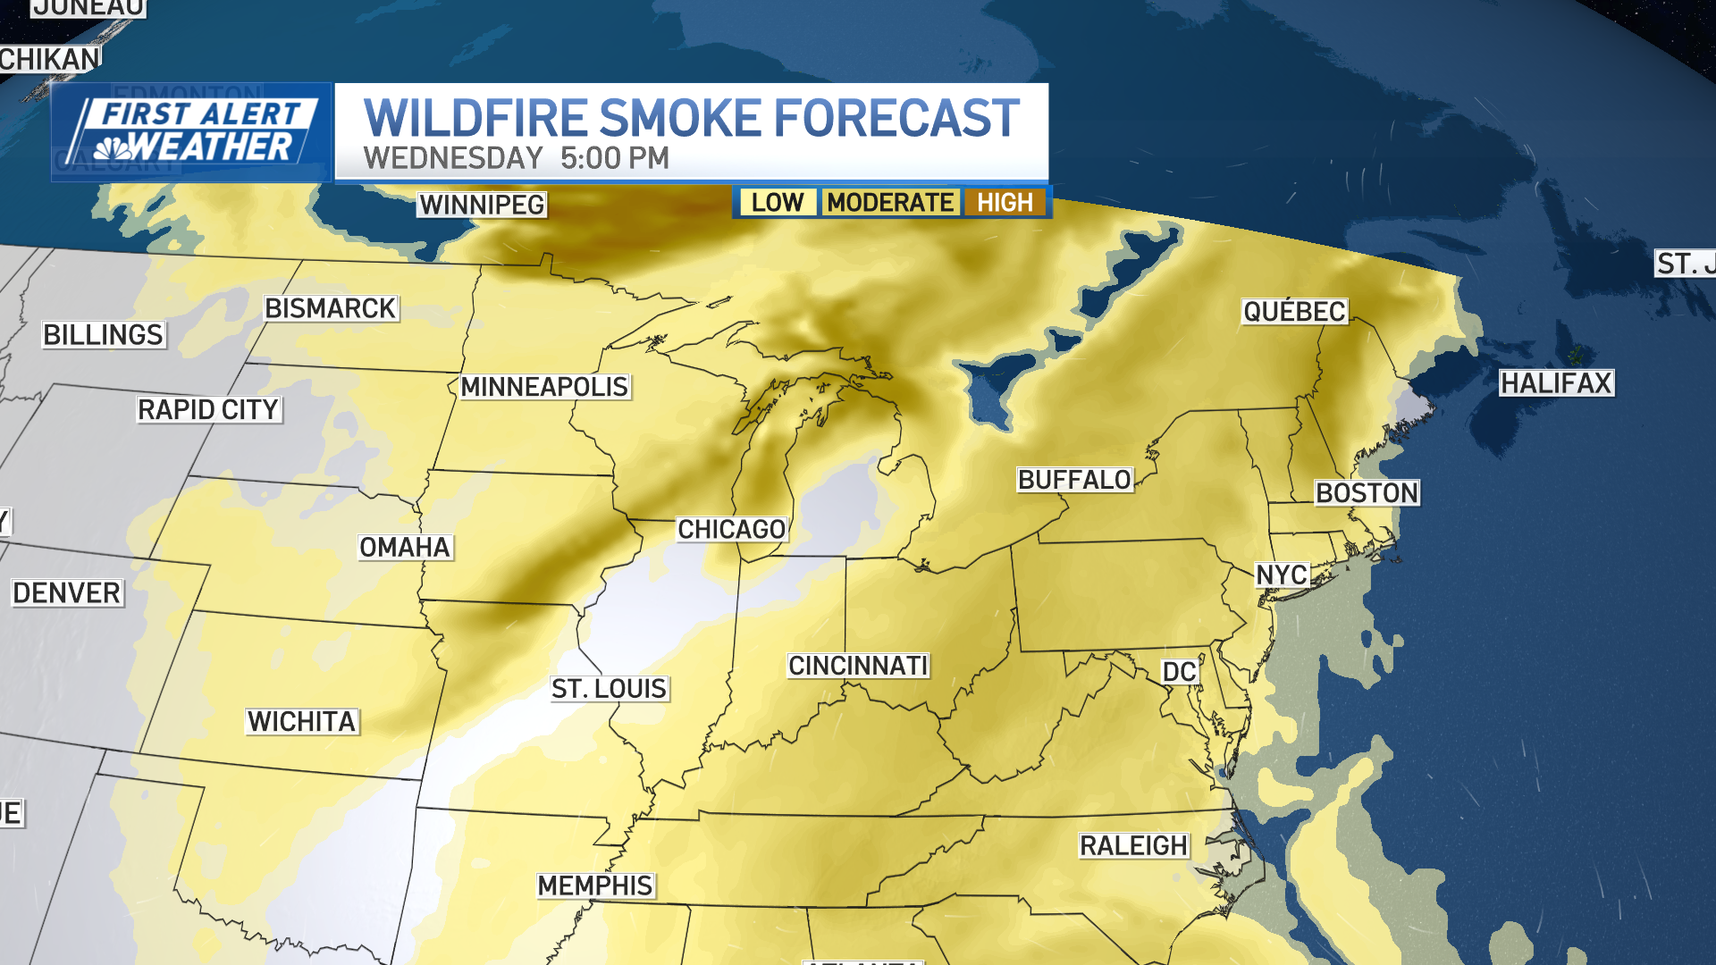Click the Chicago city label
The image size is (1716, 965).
click(731, 529)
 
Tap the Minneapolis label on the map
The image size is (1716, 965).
click(544, 387)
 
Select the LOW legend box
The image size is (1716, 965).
click(777, 203)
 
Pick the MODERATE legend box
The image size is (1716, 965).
click(890, 203)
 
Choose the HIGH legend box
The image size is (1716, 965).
click(1005, 203)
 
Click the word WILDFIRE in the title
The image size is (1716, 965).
click(474, 118)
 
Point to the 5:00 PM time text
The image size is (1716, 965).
click(615, 158)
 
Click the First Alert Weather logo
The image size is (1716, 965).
click(191, 132)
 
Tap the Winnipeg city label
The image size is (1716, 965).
click(482, 205)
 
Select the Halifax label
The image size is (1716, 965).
click(1556, 383)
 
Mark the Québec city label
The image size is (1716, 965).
click(1294, 311)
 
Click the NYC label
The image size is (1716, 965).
click(1282, 575)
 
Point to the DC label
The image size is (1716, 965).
click(1179, 672)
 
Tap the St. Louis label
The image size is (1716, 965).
click(609, 689)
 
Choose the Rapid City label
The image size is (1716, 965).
click(208, 410)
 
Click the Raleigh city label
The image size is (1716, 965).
click(1133, 845)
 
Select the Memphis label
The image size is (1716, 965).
click(595, 885)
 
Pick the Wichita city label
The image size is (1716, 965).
click(302, 721)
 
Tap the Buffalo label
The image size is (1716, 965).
click(1074, 480)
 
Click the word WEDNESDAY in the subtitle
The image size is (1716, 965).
click(453, 158)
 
